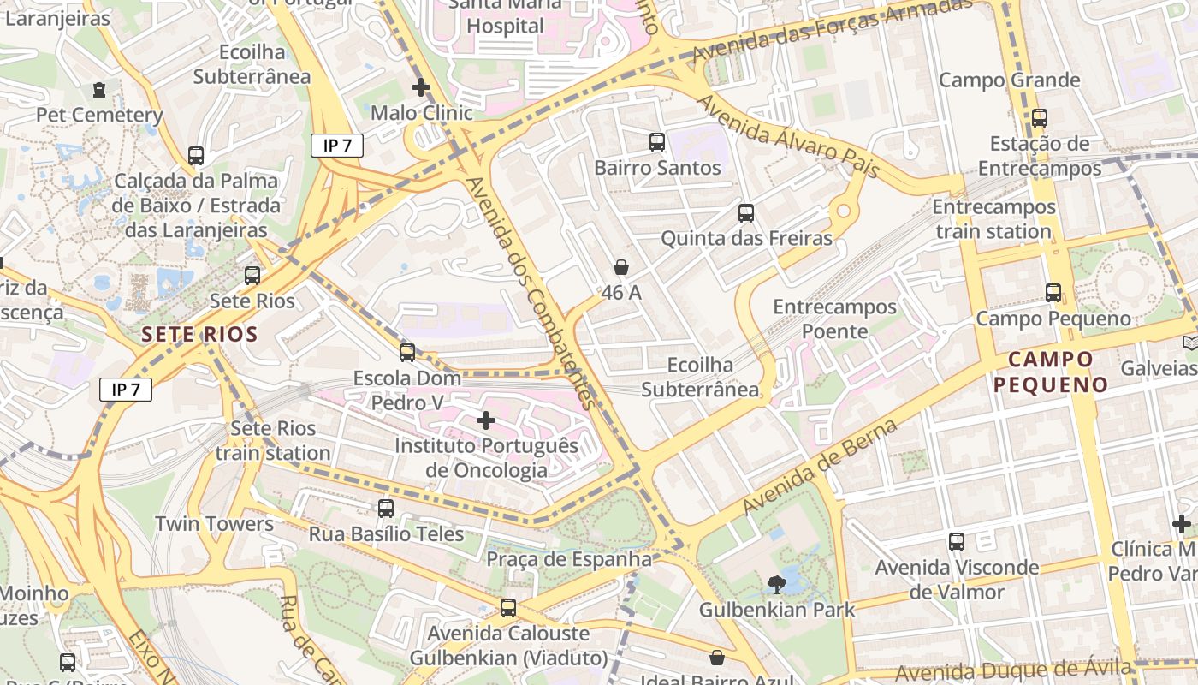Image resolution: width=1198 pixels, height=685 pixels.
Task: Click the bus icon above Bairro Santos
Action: pos(657,142)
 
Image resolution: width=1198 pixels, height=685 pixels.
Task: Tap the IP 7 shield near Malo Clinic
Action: pos(337,146)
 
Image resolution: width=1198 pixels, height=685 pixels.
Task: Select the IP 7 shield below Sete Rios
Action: pos(126,390)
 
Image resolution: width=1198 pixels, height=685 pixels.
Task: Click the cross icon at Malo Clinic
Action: pos(420,87)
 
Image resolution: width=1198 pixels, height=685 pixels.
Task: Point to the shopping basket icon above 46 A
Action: pos(621,267)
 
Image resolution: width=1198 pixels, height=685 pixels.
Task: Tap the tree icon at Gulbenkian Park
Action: pos(777,585)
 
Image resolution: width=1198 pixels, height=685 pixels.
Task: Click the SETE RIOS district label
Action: pos(200,334)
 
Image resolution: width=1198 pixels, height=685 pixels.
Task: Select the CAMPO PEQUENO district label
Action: pos(1051,372)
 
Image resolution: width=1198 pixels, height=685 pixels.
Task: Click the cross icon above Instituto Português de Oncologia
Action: pos(486,420)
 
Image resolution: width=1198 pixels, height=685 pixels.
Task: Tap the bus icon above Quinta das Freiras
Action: pos(746,213)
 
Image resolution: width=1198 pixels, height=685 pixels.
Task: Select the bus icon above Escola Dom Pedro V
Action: pos(407,352)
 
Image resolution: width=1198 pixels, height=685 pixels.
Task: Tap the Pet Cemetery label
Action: pos(99,115)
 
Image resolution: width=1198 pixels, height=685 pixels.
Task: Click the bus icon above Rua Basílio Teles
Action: pos(386,509)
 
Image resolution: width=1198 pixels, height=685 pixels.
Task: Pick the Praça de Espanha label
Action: pos(569,559)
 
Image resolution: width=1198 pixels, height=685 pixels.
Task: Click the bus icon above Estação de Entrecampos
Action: pos(1040,118)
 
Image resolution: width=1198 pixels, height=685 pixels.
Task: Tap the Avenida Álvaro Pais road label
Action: pos(788,137)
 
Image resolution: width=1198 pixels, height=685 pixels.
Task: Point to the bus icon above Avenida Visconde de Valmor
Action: pos(957,542)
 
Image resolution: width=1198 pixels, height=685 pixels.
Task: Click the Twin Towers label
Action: pos(214,524)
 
